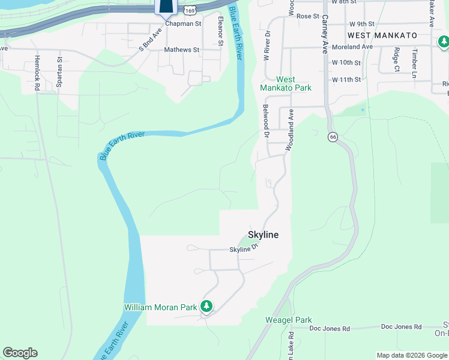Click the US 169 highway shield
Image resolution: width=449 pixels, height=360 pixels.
[x=190, y=10]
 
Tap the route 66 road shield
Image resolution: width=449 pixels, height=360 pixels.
[x=333, y=137]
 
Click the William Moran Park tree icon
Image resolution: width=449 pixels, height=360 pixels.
[x=206, y=307]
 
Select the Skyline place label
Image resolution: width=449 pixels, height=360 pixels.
[x=264, y=235]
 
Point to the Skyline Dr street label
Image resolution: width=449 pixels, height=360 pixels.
[x=243, y=249]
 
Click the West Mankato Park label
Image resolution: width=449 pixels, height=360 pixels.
[x=286, y=83]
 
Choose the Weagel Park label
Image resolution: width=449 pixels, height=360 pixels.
[x=289, y=320]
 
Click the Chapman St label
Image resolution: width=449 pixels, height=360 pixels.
[x=183, y=23]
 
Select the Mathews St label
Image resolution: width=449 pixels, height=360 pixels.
[x=181, y=50]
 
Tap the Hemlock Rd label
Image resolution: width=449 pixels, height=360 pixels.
[x=37, y=73]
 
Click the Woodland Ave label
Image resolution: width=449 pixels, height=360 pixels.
[x=291, y=129]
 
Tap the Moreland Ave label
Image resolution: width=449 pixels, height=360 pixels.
[x=352, y=46]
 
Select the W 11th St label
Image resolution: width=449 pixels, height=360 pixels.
[x=346, y=79]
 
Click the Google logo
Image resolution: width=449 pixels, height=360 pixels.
[x=20, y=353]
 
